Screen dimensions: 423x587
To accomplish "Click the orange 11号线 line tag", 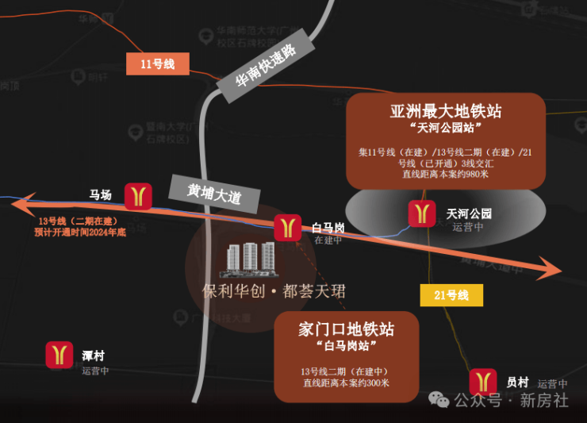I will click(157, 63).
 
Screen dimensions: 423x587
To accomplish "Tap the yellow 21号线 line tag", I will click(451, 295).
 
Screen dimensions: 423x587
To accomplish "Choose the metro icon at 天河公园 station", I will click(421, 213).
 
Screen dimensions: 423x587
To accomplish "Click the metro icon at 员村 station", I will click(483, 382).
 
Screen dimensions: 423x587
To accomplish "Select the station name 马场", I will click(100, 194).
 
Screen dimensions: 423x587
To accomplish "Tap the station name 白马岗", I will click(328, 227).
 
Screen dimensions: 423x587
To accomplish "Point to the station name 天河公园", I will click(469, 213).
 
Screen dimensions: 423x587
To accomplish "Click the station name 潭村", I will click(93, 356).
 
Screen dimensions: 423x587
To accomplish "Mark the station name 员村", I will click(517, 383).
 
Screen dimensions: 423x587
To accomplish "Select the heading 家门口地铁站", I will click(346, 329).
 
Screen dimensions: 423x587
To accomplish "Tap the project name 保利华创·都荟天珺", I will click(274, 290).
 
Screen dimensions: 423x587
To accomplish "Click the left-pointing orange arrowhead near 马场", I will click(24, 204).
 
